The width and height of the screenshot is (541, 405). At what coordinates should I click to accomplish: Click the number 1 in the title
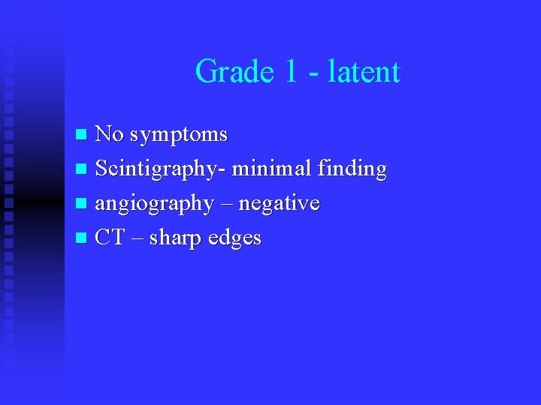[x=292, y=72]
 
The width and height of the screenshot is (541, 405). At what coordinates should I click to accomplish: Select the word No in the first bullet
[x=110, y=134]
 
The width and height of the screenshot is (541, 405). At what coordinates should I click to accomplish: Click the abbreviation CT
[x=110, y=238]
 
